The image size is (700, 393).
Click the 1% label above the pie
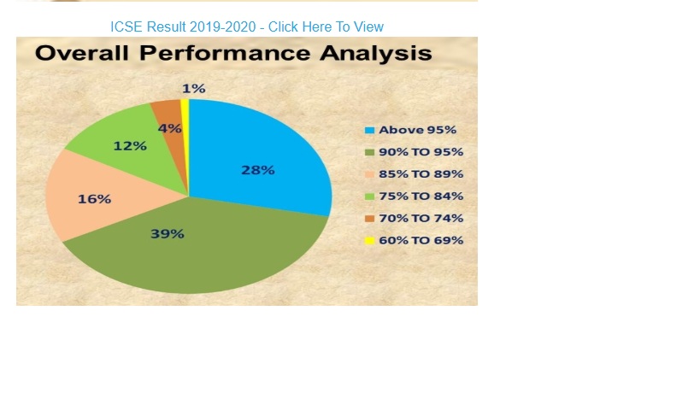click(x=194, y=89)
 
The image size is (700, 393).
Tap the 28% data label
click(x=258, y=170)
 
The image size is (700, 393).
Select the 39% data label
click(x=168, y=234)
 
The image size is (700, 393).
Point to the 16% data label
click(x=95, y=199)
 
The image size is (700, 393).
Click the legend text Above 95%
click(x=417, y=130)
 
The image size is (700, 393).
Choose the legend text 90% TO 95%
click(x=421, y=152)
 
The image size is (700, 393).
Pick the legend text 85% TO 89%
click(x=421, y=174)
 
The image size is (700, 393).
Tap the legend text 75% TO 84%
click(x=421, y=196)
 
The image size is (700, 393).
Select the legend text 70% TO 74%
click(x=421, y=218)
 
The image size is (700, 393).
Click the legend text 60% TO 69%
click(x=421, y=240)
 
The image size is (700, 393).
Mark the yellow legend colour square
click(x=369, y=241)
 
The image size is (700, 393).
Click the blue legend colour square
click(x=369, y=130)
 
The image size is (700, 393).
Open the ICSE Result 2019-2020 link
click(x=247, y=26)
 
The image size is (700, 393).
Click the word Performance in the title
click(x=225, y=53)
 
